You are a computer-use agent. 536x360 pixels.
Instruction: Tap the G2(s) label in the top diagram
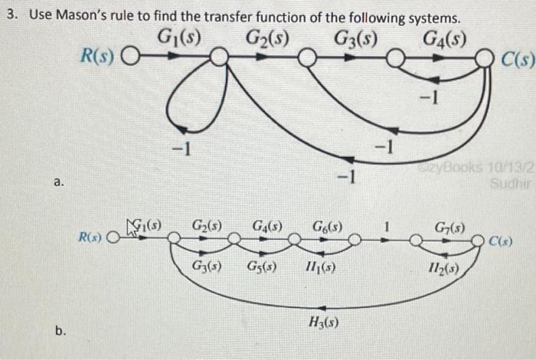coord(267,35)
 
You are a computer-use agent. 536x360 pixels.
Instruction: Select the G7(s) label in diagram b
coord(449,227)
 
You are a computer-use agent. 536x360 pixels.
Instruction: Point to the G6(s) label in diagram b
coord(327,227)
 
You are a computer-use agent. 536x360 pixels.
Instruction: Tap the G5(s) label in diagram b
coord(262,268)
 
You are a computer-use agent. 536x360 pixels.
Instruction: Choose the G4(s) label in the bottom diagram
coord(266,227)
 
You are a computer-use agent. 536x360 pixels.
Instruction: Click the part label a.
coord(58,182)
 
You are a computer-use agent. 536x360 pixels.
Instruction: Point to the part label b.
coord(60,331)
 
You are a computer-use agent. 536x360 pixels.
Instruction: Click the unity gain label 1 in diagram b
coord(388,227)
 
